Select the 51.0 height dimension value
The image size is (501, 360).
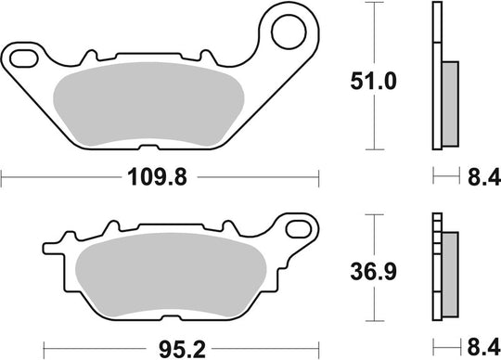(373, 81)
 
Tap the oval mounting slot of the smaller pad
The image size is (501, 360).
(302, 227)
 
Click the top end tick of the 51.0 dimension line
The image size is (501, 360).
(373, 4)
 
